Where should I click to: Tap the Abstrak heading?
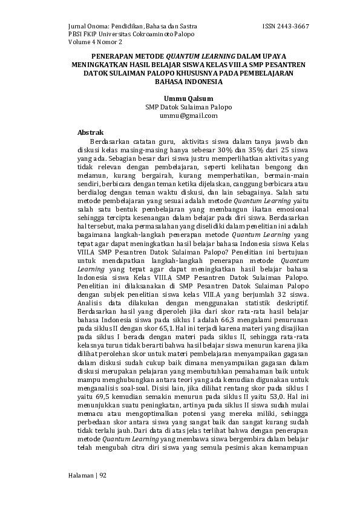coord(91,132)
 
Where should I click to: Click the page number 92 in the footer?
coord(103,475)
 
